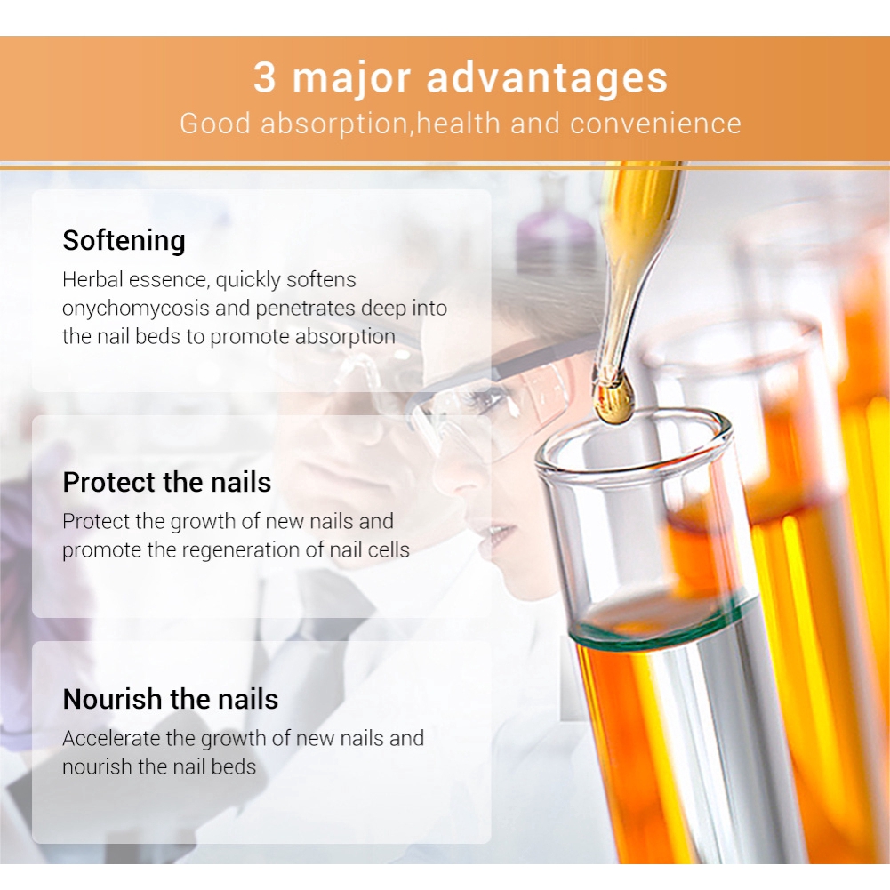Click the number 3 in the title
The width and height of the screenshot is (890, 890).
coord(264,76)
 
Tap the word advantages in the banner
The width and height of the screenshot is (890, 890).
coord(547,79)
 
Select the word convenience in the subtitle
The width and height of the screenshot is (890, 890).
coord(655,124)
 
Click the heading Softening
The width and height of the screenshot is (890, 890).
coord(124,241)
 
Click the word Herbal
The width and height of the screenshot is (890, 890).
coord(92,279)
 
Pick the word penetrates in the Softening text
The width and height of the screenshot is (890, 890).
coord(305,309)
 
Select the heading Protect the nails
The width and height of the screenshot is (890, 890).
coord(167,482)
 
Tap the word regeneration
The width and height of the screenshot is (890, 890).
coord(245,549)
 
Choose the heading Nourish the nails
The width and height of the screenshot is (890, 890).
coord(171,699)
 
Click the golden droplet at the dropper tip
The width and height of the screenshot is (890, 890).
coord(613,399)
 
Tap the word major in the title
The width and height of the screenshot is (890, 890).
coord(351,79)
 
